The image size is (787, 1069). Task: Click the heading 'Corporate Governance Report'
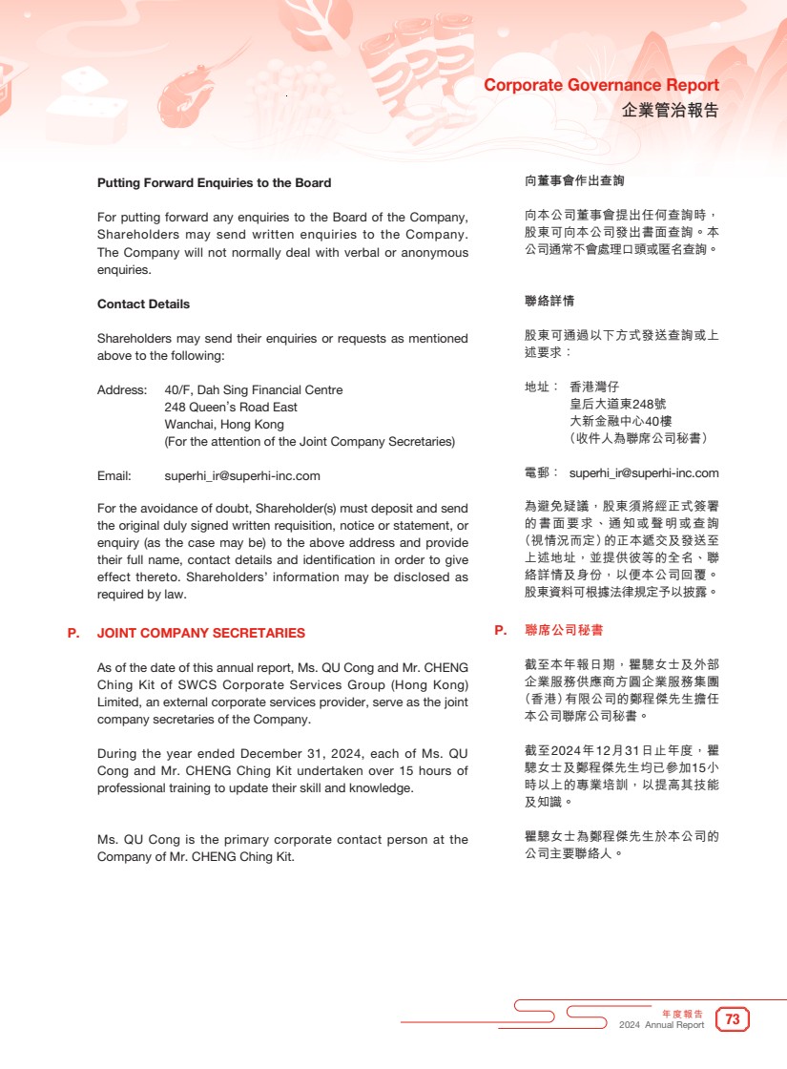[x=601, y=85]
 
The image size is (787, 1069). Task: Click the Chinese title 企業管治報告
[x=670, y=110]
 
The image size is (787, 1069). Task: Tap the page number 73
[x=733, y=1019]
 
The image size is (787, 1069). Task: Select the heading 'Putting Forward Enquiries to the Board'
[x=215, y=182]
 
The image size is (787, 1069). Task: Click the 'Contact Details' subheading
[x=143, y=304]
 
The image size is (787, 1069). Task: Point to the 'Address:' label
[x=122, y=390]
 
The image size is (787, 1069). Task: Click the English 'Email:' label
[x=114, y=476]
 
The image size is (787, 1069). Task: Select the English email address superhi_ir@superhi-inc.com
[x=242, y=476]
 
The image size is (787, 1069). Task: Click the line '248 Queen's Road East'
[x=231, y=408]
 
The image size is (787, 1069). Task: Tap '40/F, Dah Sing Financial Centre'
[x=254, y=390]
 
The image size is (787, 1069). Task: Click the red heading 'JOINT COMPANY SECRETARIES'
[x=201, y=633]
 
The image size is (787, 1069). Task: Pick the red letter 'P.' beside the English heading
[x=73, y=633]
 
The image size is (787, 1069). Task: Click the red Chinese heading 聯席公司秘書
[x=564, y=631]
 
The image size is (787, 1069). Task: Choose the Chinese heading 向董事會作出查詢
[x=574, y=180]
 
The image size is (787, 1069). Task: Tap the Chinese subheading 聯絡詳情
[x=549, y=302]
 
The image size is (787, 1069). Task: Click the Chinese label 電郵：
[x=543, y=473]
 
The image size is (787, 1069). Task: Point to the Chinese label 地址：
[x=543, y=388]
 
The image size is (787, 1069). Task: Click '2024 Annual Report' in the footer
[x=661, y=1025]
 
